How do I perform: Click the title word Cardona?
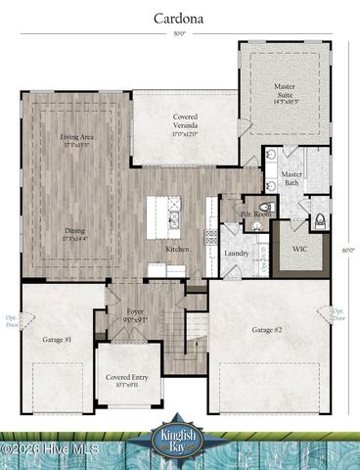click(178, 18)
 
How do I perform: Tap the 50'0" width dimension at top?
click(178, 33)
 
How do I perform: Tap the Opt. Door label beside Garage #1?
click(13, 317)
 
